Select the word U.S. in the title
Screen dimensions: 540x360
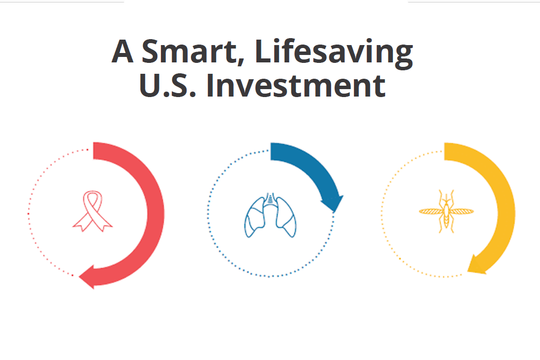(168, 86)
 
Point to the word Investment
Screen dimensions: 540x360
(296, 86)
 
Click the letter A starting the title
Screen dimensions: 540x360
(122, 51)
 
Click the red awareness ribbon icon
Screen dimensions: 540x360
(92, 211)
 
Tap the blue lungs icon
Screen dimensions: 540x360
(270, 216)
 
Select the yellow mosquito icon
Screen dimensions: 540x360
(446, 211)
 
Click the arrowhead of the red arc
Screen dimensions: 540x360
(87, 277)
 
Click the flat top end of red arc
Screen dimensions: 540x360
(94, 151)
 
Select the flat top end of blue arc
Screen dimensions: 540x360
(271, 151)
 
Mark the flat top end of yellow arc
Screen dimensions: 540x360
(445, 151)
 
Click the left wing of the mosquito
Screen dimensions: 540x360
(431, 211)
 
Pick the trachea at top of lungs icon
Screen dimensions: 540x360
(270, 199)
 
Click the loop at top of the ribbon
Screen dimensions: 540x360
(92, 198)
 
